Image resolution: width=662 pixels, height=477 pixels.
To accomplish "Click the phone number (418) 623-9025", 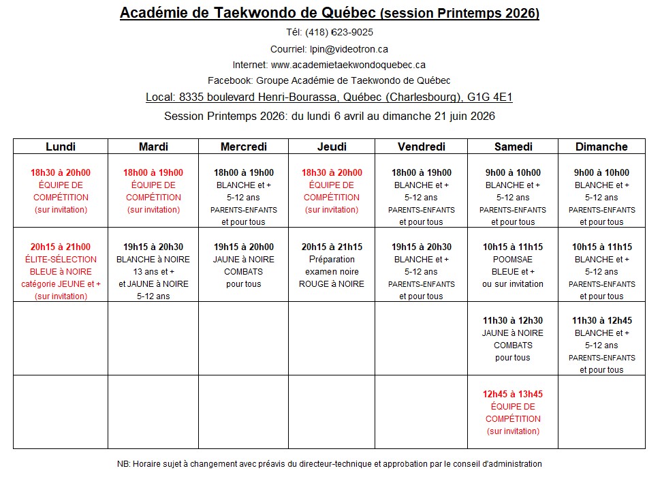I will [339, 32].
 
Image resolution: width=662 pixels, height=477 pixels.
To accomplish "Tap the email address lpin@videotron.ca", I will [349, 49].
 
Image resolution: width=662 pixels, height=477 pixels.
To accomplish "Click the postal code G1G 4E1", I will [490, 97].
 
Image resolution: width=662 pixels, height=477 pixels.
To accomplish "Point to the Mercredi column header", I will [244, 147].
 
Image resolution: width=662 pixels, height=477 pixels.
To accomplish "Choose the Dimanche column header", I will [601, 147].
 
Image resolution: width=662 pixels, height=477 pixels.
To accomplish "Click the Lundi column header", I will [61, 147].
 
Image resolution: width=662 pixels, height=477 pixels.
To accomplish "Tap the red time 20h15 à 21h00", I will [61, 247].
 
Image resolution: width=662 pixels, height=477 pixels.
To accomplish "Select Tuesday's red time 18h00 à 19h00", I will [153, 172].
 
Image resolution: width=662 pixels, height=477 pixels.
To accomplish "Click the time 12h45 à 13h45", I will [513, 394].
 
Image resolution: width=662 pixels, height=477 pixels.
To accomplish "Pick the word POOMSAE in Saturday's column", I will [513, 259].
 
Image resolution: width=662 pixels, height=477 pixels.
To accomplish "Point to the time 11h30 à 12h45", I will [602, 321].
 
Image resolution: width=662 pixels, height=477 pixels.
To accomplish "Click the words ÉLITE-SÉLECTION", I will [61, 259].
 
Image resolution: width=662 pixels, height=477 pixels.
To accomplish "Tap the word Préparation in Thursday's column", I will [332, 259].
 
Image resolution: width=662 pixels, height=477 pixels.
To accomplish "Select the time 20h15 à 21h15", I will [332, 247].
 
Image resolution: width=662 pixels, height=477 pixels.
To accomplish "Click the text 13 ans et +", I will [153, 271].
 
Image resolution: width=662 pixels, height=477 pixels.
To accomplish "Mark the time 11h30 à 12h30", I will [513, 321].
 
